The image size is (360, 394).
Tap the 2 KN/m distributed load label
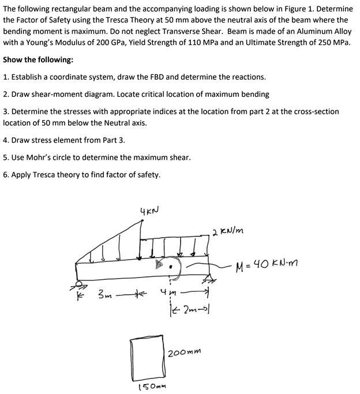pyautogui.click(x=230, y=232)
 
